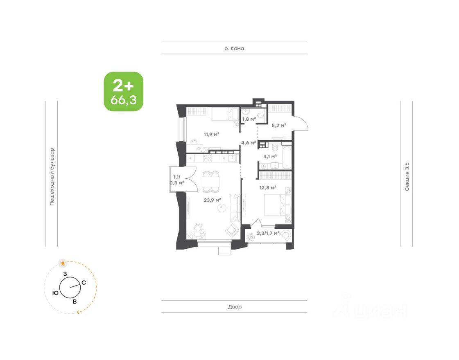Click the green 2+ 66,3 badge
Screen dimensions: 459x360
click(x=124, y=92)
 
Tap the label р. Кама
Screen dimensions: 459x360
click(x=234, y=49)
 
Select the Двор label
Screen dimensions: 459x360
click(x=235, y=307)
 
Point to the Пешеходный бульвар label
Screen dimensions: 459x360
click(x=52, y=177)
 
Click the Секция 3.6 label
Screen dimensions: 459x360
click(x=407, y=177)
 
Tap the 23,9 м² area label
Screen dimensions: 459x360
click(x=212, y=200)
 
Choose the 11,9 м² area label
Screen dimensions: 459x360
click(x=212, y=135)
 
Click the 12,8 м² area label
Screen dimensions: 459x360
click(x=268, y=187)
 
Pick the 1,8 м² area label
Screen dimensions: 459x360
click(x=249, y=119)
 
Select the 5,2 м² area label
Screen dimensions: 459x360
click(x=279, y=126)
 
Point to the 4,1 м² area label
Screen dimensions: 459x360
click(x=270, y=156)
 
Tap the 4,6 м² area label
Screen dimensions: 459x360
click(x=249, y=143)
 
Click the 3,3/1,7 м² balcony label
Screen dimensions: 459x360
click(x=268, y=233)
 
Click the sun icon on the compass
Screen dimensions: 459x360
click(x=63, y=263)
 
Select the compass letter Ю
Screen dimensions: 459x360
click(x=55, y=293)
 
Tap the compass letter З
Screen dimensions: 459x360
click(x=65, y=274)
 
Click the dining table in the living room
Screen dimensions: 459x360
click(x=211, y=182)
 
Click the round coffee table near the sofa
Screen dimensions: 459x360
click(x=222, y=208)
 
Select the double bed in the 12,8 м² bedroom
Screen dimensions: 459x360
click(x=277, y=206)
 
